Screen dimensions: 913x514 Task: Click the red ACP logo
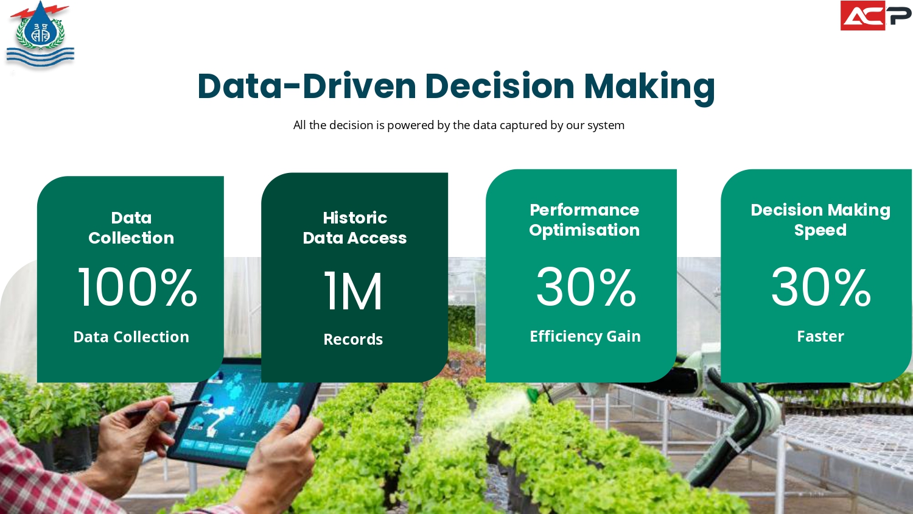tap(876, 15)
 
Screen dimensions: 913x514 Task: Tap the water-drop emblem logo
tap(40, 34)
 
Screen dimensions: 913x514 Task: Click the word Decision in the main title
tap(500, 86)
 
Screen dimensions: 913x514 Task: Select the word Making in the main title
tap(649, 88)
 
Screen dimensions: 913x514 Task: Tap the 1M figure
tap(353, 291)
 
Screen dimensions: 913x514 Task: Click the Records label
tap(353, 339)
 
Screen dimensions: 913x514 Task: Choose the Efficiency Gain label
tap(586, 337)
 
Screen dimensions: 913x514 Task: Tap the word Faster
tap(820, 337)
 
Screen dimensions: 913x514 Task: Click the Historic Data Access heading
tap(355, 228)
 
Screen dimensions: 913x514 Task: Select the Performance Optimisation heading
tap(584, 220)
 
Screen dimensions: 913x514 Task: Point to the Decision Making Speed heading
tap(820, 220)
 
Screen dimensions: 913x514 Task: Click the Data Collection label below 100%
tap(131, 337)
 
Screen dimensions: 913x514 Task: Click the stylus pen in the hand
tap(163, 408)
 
